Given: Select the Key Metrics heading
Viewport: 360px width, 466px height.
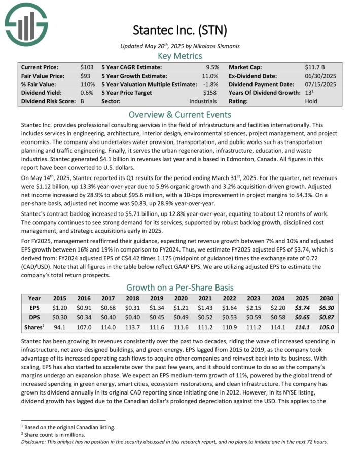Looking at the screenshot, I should (x=179, y=56).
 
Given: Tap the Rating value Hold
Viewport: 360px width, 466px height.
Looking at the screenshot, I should (x=312, y=101).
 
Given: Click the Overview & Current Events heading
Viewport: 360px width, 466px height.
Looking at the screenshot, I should (x=179, y=114).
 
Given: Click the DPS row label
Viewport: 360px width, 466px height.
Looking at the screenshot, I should (x=34, y=317).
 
